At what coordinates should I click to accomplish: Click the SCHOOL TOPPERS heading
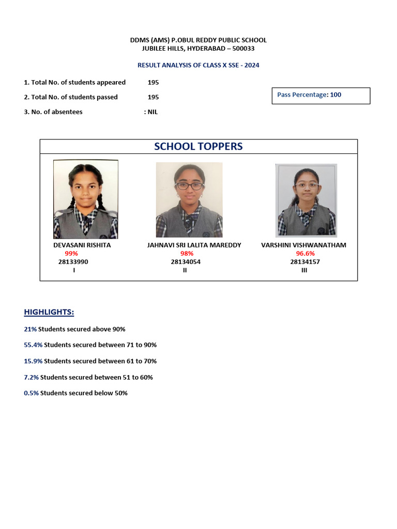[198, 146]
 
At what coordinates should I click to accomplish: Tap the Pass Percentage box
[320, 96]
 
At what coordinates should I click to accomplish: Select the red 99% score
[71, 253]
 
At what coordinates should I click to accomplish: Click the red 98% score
[187, 253]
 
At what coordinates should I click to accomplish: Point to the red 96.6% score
[305, 253]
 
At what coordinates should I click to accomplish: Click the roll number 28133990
[73, 261]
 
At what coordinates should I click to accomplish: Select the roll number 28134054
[186, 261]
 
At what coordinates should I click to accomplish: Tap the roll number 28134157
[305, 261]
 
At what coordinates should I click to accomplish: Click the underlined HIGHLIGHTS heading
[49, 312]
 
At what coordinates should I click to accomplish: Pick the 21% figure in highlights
[30, 329]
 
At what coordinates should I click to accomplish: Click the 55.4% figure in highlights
[33, 345]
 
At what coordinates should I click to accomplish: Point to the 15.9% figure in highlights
[33, 361]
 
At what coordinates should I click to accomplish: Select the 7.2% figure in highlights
[31, 377]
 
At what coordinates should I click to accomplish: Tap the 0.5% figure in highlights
[31, 393]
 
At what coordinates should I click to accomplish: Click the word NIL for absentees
[152, 112]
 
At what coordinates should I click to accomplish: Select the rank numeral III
[304, 270]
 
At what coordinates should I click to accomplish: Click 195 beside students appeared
[153, 82]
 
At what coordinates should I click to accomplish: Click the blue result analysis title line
[198, 65]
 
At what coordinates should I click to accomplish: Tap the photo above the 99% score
[86, 199]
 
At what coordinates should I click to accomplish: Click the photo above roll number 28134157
[306, 200]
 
